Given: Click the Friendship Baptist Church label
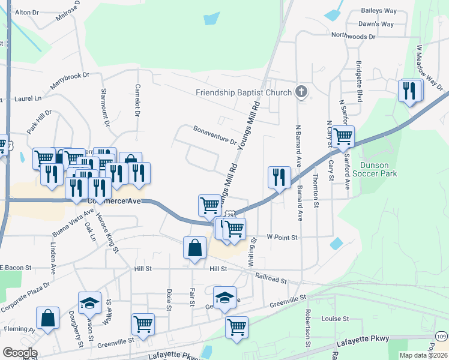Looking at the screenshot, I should pyautogui.click(x=244, y=92).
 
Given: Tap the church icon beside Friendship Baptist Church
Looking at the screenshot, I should pyautogui.click(x=302, y=92).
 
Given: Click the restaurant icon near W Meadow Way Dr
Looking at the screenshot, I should pyautogui.click(x=410, y=91).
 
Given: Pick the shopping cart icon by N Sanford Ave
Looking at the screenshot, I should pyautogui.click(x=343, y=136).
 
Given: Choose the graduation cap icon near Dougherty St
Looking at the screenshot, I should pyautogui.click(x=89, y=302).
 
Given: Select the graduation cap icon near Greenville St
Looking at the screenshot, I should pyautogui.click(x=224, y=297).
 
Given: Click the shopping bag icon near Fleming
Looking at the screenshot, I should pyautogui.click(x=47, y=318).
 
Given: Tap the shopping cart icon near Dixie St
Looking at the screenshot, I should pyautogui.click(x=143, y=324).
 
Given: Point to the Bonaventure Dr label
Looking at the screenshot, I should pyautogui.click(x=215, y=136).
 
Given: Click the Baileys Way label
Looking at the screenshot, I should pyautogui.click(x=379, y=11).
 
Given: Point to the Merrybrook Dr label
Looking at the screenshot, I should pyautogui.click(x=69, y=82).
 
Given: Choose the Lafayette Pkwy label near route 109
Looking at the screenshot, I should pyautogui.click(x=363, y=340).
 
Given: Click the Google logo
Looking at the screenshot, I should pyautogui.click(x=20, y=353).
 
